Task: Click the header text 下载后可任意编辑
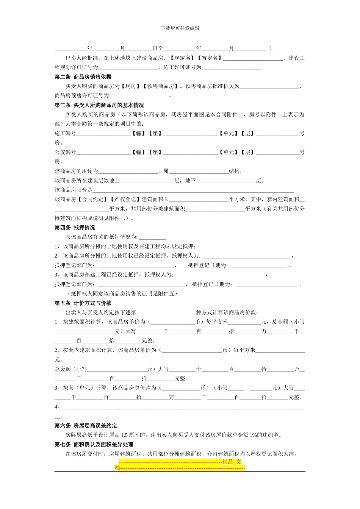180,28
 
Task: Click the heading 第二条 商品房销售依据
83,77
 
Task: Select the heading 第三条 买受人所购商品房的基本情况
99,105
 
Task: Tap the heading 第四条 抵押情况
75,228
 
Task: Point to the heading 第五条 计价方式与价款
83,303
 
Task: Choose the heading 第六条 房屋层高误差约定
86,426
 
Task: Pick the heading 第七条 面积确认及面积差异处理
94,445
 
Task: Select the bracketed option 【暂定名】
209,58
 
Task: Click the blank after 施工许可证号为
231,68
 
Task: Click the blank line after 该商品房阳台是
193,190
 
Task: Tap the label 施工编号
66,133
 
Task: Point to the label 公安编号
66,152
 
